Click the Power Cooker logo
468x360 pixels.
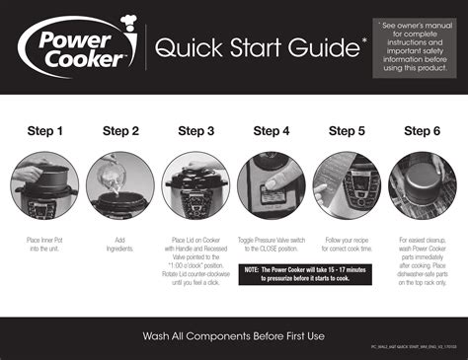[74, 46]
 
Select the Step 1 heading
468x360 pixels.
[45, 131]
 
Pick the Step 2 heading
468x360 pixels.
[120, 131]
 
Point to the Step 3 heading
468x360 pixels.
[195, 131]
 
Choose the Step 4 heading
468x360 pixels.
[272, 131]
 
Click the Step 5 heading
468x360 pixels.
[347, 131]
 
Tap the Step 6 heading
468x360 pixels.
[422, 131]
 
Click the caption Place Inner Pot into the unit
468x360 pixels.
[45, 245]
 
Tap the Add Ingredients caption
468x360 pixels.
[120, 245]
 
